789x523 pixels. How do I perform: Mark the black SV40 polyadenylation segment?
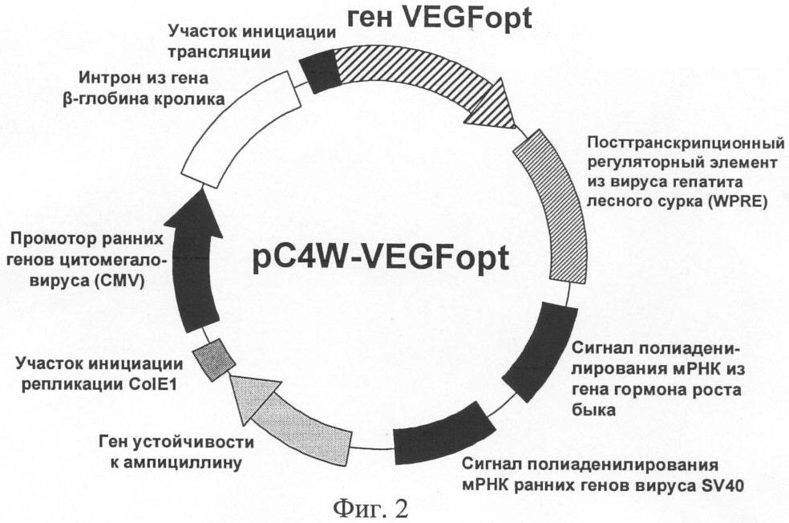pos(441,436)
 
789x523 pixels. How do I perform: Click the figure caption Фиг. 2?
pos(370,507)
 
